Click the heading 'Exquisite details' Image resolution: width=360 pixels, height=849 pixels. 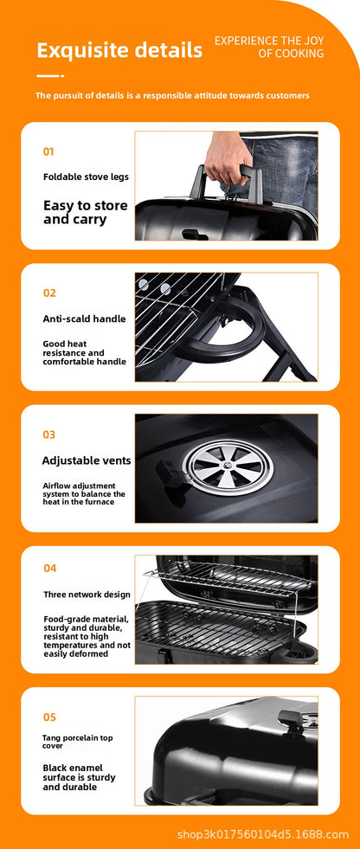pyautogui.click(x=119, y=50)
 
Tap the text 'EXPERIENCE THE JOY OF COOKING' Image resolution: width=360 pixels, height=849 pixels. pyautogui.click(x=269, y=47)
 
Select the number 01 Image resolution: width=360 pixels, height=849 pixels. pyautogui.click(x=48, y=151)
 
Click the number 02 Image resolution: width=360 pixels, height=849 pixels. pyautogui.click(x=49, y=293)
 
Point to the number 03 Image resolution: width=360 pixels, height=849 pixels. pyautogui.click(x=49, y=434)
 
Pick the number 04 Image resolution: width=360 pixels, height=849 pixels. pyautogui.click(x=50, y=569)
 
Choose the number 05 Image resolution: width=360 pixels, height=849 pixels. pyautogui.click(x=49, y=717)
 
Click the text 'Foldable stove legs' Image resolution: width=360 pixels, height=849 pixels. pyautogui.click(x=86, y=177)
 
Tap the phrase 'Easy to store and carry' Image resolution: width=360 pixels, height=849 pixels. pyautogui.click(x=85, y=212)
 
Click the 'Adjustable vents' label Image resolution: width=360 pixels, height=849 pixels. pyautogui.click(x=87, y=460)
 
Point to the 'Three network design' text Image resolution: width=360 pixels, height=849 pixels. pyautogui.click(x=87, y=595)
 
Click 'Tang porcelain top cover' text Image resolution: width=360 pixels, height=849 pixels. pyautogui.click(x=78, y=742)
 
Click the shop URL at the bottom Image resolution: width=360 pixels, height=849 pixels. pyautogui.click(x=262, y=834)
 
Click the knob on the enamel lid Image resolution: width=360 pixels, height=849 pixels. pyautogui.click(x=292, y=720)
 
